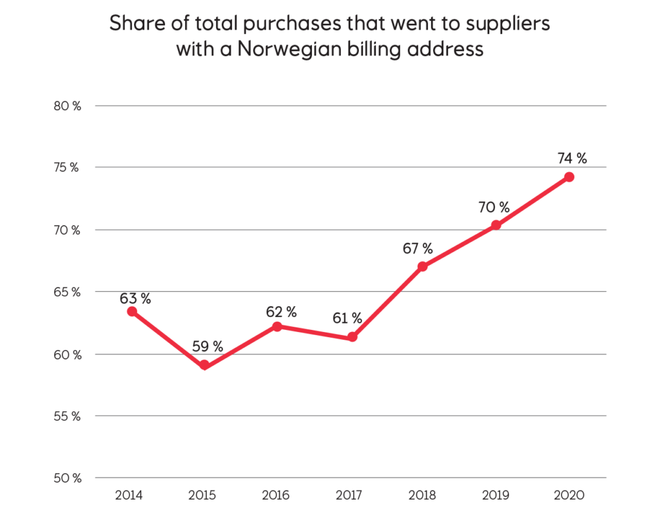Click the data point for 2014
pos(131,311)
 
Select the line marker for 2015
pos(205,365)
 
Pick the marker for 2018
pos(422,266)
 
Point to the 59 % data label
pos(207,346)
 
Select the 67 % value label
pos(418,249)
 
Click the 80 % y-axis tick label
pos(66,106)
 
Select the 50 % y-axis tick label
pos(66,478)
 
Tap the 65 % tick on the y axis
pos(66,292)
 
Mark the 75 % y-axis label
pos(66,168)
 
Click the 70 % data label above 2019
pos(493,208)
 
